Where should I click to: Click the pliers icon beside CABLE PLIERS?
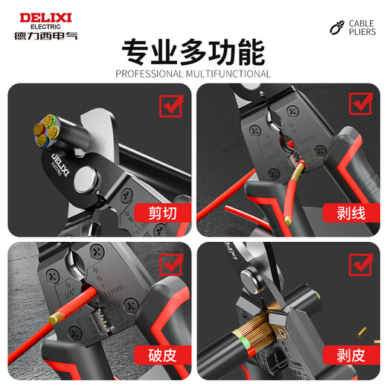click(x=337, y=28)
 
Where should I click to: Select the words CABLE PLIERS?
click(x=363, y=28)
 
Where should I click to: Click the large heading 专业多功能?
click(x=193, y=53)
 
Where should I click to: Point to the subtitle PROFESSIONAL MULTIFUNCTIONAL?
click(x=193, y=74)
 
